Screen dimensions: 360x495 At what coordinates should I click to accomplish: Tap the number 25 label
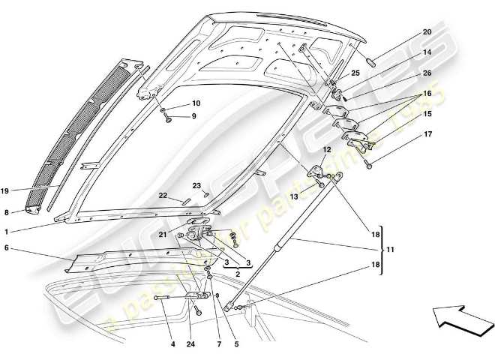[355, 73]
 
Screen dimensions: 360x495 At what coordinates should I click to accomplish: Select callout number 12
[327, 150]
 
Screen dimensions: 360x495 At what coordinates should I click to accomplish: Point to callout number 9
[193, 116]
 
